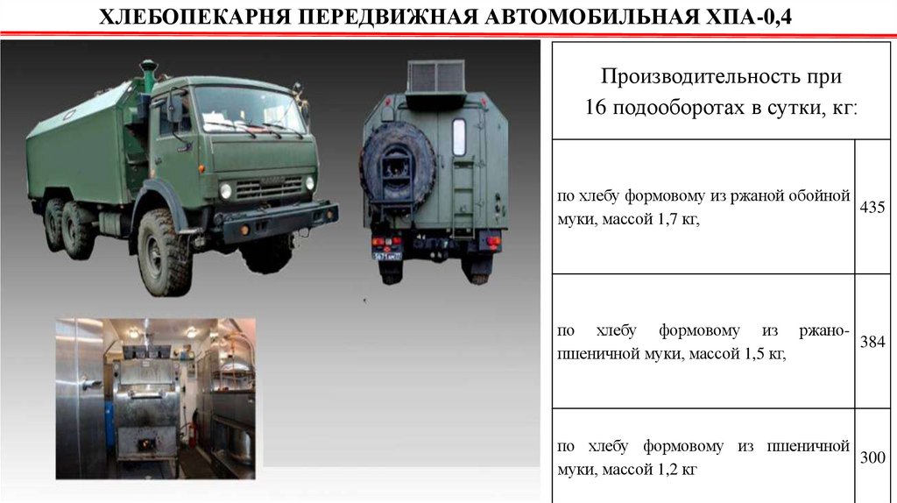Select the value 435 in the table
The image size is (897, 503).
872,207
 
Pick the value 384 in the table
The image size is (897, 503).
872,343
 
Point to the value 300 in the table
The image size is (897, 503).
872,457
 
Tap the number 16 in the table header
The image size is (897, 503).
596,107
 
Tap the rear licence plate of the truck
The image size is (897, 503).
387,256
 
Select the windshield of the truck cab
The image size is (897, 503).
250,110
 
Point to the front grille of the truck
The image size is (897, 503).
269,188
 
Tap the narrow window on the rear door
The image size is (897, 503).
459,138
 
